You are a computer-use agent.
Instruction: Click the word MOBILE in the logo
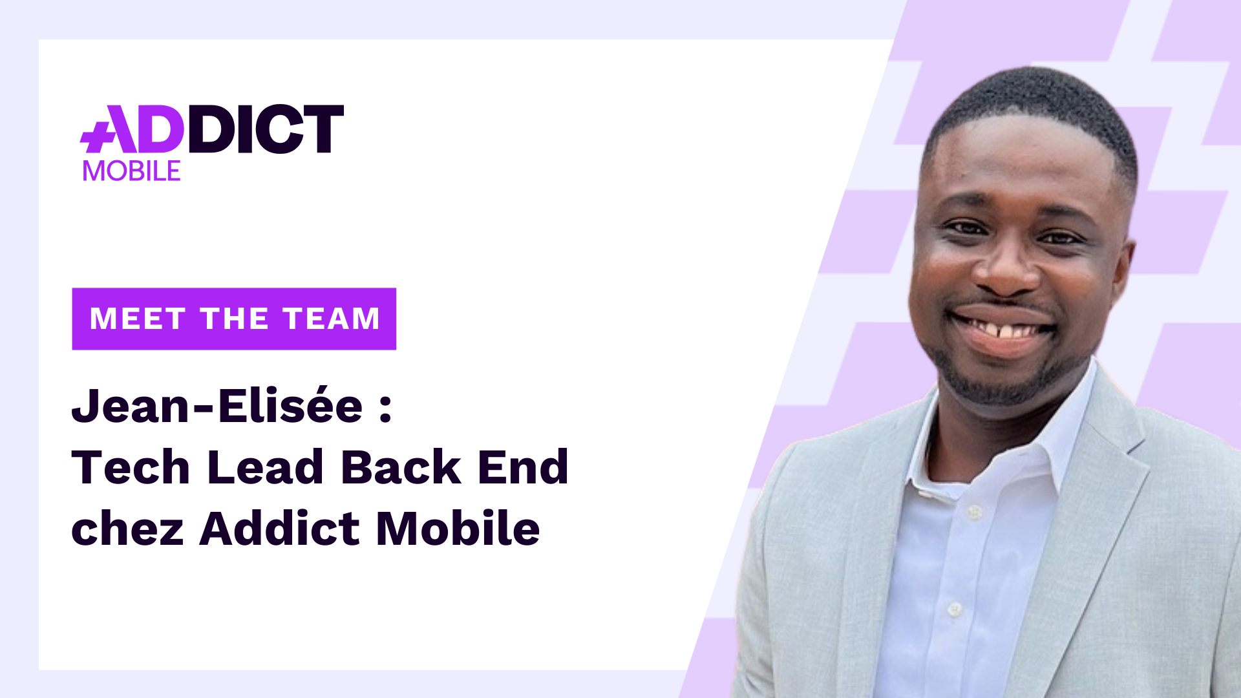(x=132, y=171)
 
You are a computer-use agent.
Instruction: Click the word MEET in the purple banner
(x=138, y=319)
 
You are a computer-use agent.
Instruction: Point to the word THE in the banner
(x=234, y=319)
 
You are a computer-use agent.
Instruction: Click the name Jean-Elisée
(x=217, y=407)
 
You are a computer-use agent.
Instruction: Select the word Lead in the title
(x=265, y=467)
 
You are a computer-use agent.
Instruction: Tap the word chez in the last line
(x=127, y=529)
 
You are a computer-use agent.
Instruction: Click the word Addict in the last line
(x=279, y=528)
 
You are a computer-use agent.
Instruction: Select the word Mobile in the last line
(x=458, y=528)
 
